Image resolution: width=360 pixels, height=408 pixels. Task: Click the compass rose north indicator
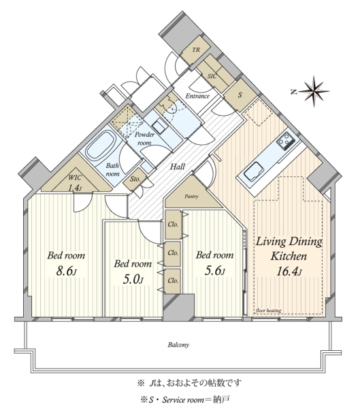point(312,91)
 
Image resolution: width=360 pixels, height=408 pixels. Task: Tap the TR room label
point(196,50)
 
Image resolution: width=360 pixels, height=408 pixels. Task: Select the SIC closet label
point(212,76)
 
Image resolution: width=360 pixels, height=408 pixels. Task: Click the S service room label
point(240,95)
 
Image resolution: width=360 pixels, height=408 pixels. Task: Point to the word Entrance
point(197,96)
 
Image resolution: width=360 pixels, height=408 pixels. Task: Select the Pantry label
point(191,197)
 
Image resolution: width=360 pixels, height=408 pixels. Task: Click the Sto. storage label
point(135,179)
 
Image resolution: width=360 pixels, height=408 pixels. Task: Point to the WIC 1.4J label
point(75,182)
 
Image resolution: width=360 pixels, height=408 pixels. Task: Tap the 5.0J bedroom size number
point(133,279)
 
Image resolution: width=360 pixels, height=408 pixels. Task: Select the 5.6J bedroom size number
point(214,271)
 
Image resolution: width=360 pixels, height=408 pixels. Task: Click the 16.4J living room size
point(289,271)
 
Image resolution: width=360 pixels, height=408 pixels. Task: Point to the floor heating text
point(268,311)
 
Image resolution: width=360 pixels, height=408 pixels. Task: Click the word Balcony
point(178,345)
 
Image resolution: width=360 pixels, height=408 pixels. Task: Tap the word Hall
point(178,167)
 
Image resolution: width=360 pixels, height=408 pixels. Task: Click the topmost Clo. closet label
point(173,224)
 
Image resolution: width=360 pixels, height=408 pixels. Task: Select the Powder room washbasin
point(159,127)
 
